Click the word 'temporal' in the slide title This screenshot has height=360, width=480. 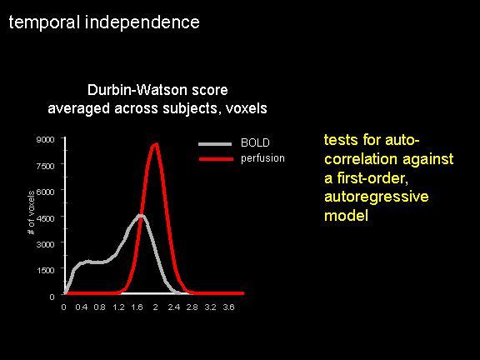44,23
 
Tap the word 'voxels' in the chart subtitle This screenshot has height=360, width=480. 247,108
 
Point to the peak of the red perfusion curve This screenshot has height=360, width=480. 156,144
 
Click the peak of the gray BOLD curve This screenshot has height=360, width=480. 140,216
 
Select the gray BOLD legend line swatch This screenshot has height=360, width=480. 215,144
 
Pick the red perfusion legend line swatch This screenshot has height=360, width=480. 216,159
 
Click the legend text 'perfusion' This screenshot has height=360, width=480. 262,158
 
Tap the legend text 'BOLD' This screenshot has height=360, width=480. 255,143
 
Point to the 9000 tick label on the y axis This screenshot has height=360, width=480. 45,140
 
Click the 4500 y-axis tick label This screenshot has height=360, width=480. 45,218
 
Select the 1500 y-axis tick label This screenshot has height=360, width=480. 45,270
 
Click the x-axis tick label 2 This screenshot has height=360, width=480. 156,307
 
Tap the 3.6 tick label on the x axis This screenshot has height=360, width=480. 228,307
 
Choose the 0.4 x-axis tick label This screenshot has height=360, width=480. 82,307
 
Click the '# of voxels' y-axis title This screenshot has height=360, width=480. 31,212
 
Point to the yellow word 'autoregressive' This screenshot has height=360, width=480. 376,197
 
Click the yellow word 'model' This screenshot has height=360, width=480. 346,215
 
